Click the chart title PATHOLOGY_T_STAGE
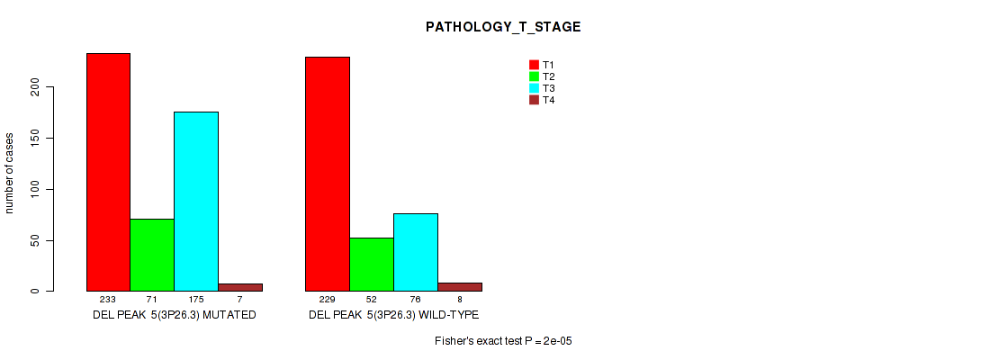click(503, 27)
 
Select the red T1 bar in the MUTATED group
click(108, 172)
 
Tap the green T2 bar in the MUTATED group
click(152, 255)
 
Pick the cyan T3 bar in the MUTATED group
click(196, 202)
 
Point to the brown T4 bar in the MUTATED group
click(240, 287)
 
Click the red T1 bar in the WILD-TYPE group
click(328, 174)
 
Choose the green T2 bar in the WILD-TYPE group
click(372, 265)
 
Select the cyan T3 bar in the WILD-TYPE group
click(416, 252)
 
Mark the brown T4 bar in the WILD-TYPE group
click(460, 287)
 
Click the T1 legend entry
click(542, 65)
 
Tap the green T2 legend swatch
click(535, 76)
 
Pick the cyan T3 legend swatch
click(535, 88)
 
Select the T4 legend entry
click(542, 100)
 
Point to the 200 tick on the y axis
click(50, 87)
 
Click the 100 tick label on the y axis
click(40, 189)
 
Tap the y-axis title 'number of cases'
click(9, 173)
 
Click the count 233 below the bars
click(108, 300)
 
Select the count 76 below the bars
click(416, 300)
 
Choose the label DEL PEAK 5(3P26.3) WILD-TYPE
click(393, 315)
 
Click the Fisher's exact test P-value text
click(504, 341)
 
